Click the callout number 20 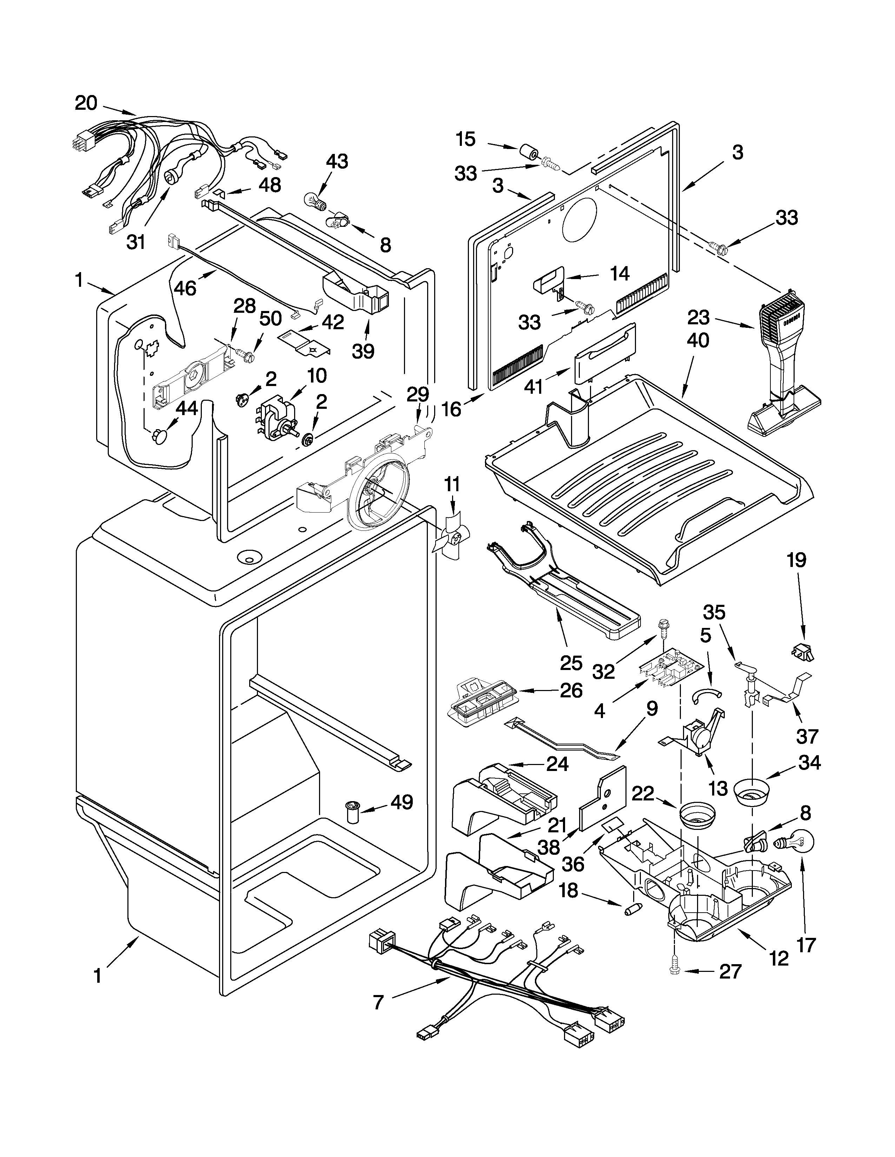tap(86, 103)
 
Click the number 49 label tap(402, 803)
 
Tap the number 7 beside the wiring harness tap(378, 1002)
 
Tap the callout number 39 tap(364, 351)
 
